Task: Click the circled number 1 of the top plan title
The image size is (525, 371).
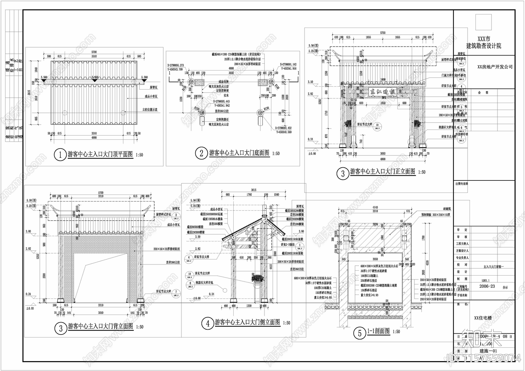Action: (60, 155)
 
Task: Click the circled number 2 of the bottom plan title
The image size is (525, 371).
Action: (201, 153)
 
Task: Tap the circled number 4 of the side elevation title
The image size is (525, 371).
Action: (208, 324)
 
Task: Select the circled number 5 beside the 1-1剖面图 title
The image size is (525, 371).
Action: (360, 333)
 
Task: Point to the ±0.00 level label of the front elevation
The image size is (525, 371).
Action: (312, 154)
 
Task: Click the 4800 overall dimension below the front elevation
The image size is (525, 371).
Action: (383, 159)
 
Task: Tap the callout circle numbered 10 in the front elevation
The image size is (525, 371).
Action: (377, 125)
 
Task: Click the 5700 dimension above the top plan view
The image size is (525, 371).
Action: (94, 52)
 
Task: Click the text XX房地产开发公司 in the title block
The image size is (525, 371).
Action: (494, 67)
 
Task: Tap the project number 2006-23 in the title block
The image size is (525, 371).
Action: (487, 286)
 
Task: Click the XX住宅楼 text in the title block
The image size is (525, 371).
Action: (483, 318)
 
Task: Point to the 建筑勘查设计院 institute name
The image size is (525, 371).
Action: (484, 46)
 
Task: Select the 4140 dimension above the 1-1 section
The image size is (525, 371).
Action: (375, 208)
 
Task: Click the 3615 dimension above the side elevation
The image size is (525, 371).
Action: (253, 190)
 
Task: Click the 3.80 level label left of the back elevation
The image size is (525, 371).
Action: (29, 231)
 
